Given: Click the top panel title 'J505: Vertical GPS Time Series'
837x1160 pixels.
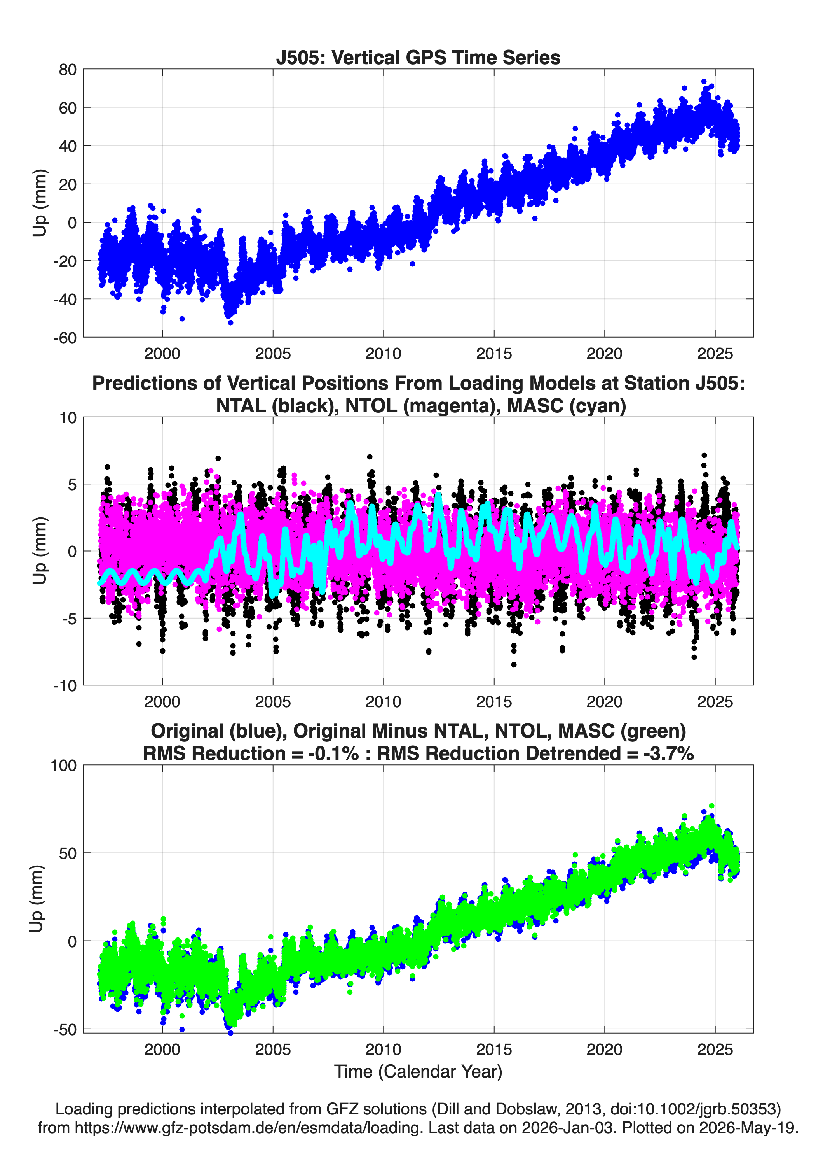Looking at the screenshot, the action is (x=418, y=57).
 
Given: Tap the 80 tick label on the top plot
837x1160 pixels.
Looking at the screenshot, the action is (x=68, y=70).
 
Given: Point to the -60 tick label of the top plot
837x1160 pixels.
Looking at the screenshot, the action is (x=65, y=338).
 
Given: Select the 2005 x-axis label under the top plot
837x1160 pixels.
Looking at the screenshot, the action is (x=273, y=354).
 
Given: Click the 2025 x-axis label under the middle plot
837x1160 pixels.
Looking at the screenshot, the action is (x=715, y=701).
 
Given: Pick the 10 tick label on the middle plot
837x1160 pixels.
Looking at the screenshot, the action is (x=68, y=417).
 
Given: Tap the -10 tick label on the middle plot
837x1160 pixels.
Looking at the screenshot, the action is (x=65, y=685).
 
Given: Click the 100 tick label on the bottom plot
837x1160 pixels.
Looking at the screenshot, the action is (x=64, y=766).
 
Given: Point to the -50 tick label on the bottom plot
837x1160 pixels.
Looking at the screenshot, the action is (x=65, y=1030).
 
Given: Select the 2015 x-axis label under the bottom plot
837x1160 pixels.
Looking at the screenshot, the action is (x=494, y=1050).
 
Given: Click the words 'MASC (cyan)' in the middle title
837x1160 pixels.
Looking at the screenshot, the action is (x=567, y=406).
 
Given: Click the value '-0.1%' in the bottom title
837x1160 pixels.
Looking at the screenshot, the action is (x=333, y=753).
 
